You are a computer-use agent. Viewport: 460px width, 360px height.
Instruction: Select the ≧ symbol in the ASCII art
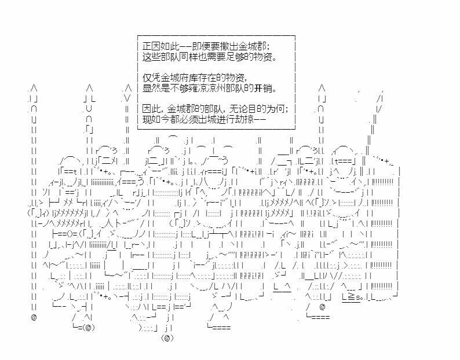click(x=351, y=297)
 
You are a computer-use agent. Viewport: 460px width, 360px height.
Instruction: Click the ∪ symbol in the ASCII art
click(x=89, y=109)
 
